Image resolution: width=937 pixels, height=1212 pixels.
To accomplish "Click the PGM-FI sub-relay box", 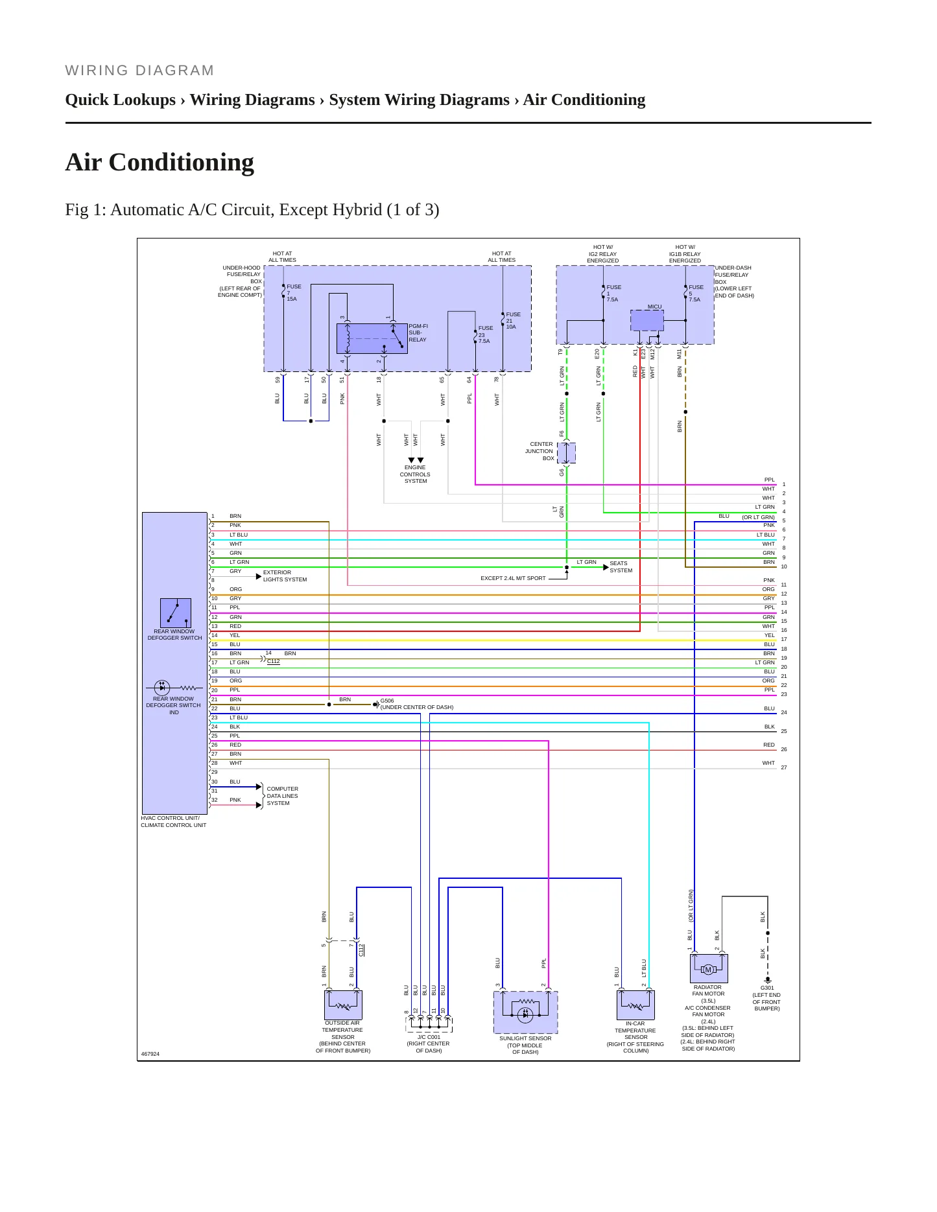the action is point(372,338).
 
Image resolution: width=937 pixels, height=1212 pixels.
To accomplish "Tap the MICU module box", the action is point(647,320).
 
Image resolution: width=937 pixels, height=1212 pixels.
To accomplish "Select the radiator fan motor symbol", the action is point(709,968).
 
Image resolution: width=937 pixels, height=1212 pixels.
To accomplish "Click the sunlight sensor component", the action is point(525,1012).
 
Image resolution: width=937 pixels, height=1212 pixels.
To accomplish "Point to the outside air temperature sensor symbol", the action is point(343,1005).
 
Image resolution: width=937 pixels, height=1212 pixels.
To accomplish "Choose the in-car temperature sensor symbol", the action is point(635,1005).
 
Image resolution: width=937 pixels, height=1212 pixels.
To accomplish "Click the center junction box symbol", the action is point(566,452).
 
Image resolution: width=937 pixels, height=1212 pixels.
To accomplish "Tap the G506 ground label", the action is point(387,701).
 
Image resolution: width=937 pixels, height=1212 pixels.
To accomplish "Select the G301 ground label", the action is point(767,988).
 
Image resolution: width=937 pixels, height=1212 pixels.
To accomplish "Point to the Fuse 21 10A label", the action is point(513,320).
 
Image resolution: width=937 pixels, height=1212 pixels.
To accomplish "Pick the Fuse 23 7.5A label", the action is point(485,334).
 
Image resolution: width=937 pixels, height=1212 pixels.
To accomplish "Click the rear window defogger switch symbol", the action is point(176,612).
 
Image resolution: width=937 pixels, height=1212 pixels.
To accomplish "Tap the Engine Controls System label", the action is point(415,474).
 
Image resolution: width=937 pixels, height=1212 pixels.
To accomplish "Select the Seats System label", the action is point(621,567).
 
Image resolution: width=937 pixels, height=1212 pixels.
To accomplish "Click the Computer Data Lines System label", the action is point(282,796).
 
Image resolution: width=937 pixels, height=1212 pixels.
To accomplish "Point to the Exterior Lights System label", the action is point(285,576).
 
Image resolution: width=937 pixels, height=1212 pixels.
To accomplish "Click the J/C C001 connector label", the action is point(429,1037).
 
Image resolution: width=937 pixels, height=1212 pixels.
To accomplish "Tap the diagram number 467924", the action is point(150,1054).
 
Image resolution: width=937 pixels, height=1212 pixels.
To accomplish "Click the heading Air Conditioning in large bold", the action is point(160,162).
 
